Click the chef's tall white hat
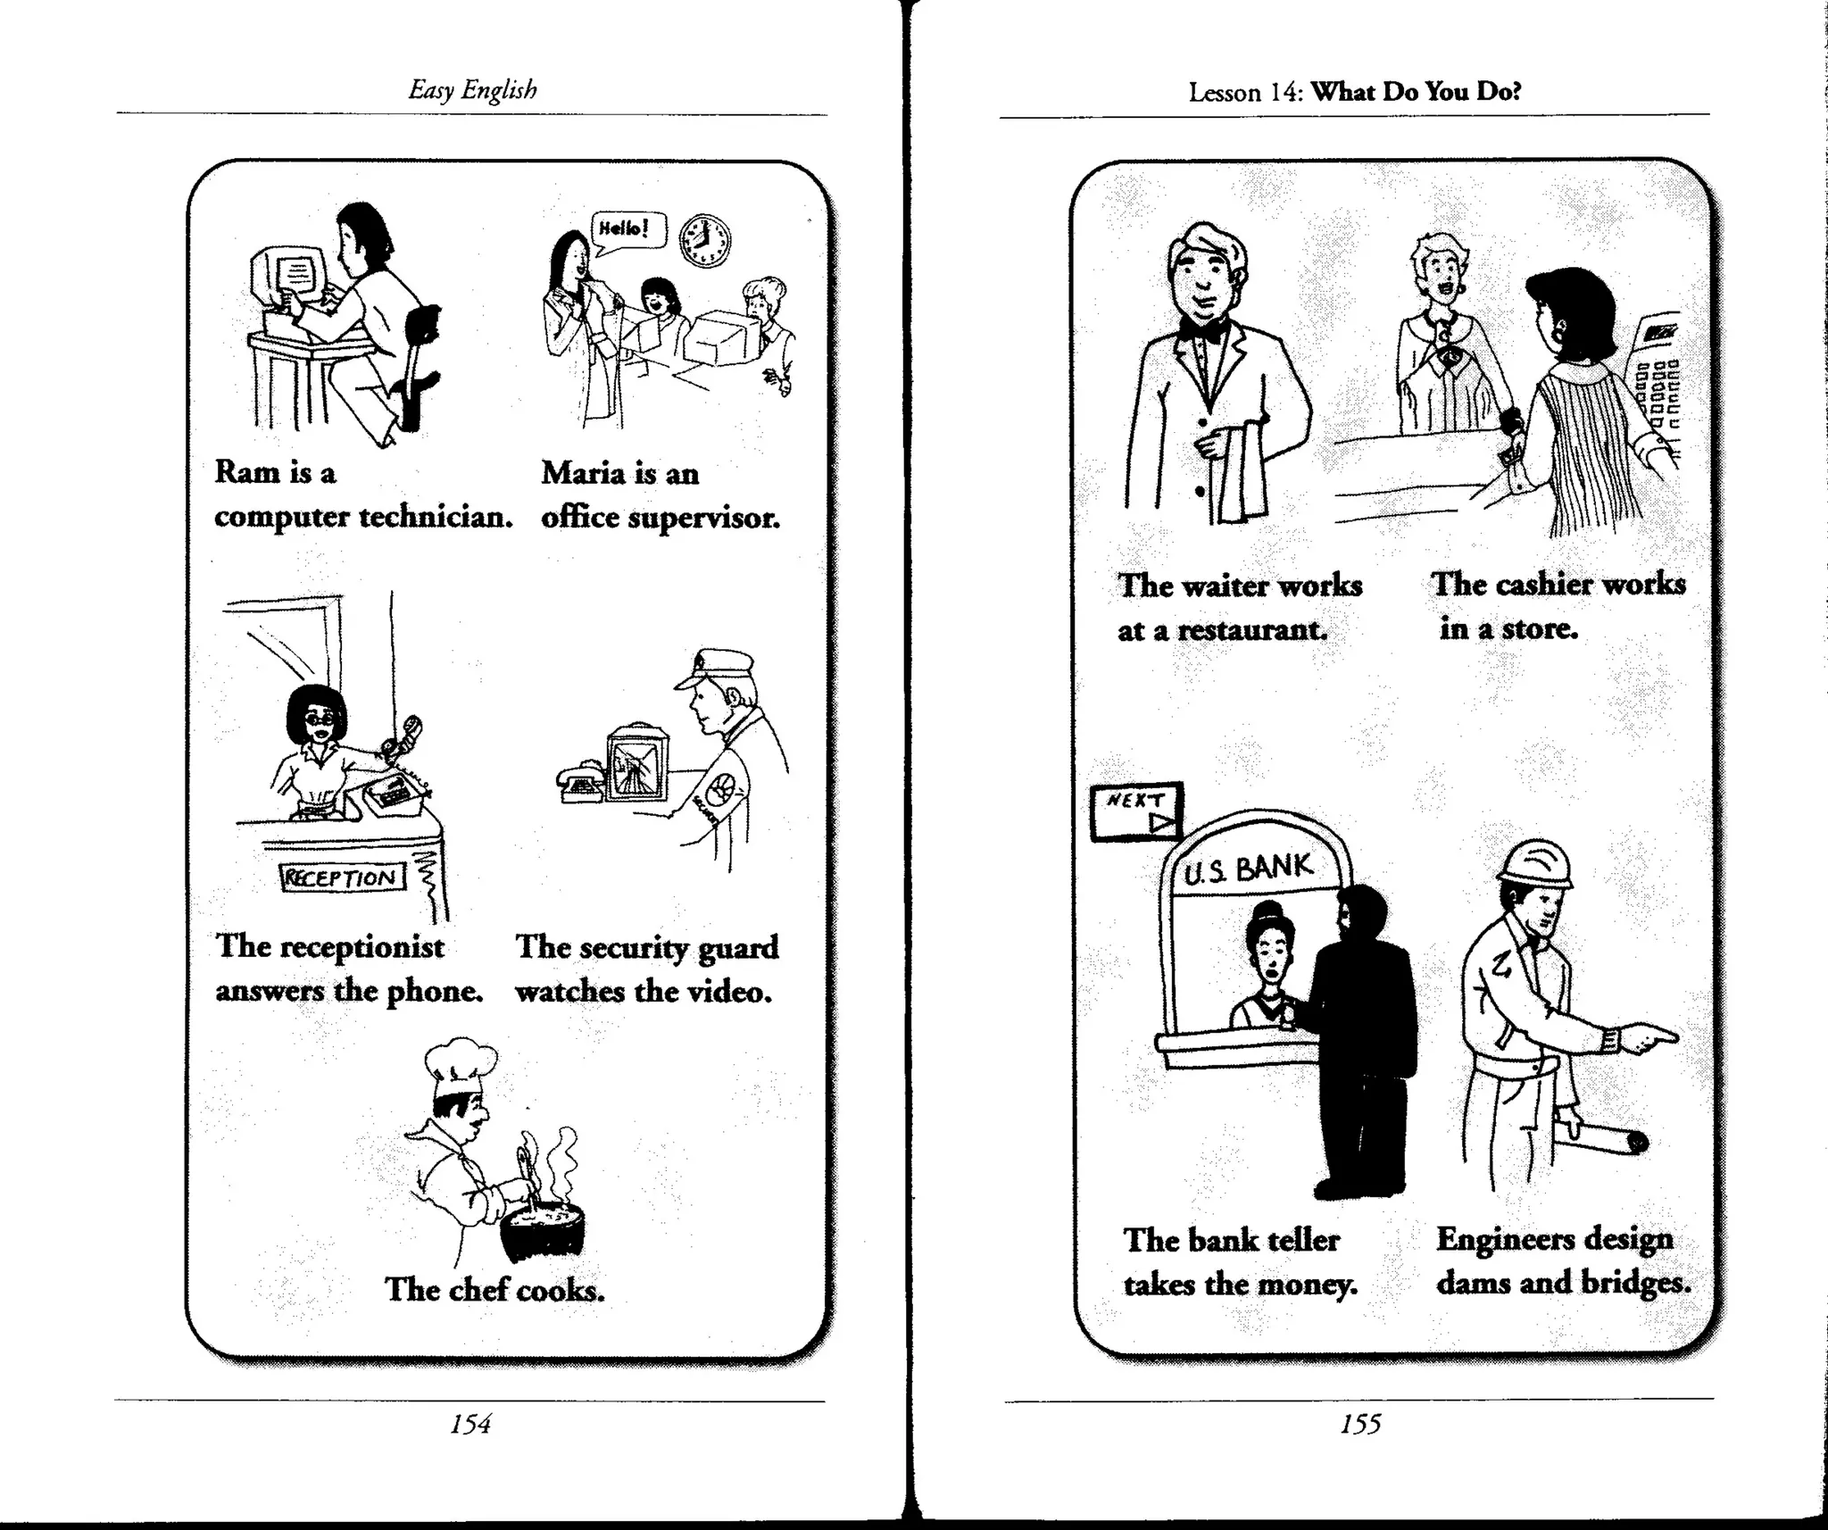(460, 1069)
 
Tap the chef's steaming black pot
(541, 1228)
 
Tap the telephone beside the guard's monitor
(582, 782)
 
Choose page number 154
(470, 1424)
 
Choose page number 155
(1360, 1424)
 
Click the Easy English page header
(472, 89)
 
